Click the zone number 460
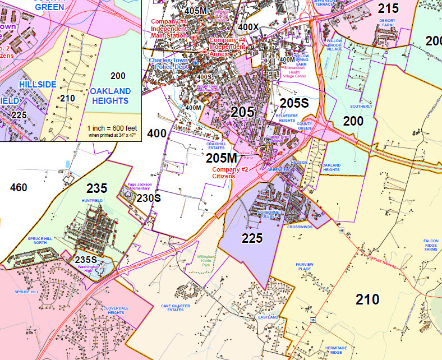[19, 187]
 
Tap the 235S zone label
[86, 260]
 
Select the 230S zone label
[149, 198]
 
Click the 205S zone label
[294, 103]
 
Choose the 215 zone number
[388, 8]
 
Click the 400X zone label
[248, 26]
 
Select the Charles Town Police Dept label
[171, 63]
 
